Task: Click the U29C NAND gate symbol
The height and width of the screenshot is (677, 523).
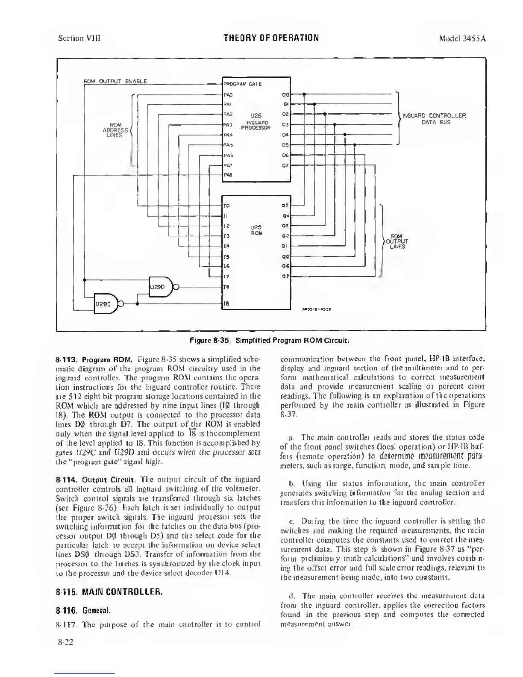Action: click(x=105, y=304)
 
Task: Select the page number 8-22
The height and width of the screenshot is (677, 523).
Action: click(x=65, y=642)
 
